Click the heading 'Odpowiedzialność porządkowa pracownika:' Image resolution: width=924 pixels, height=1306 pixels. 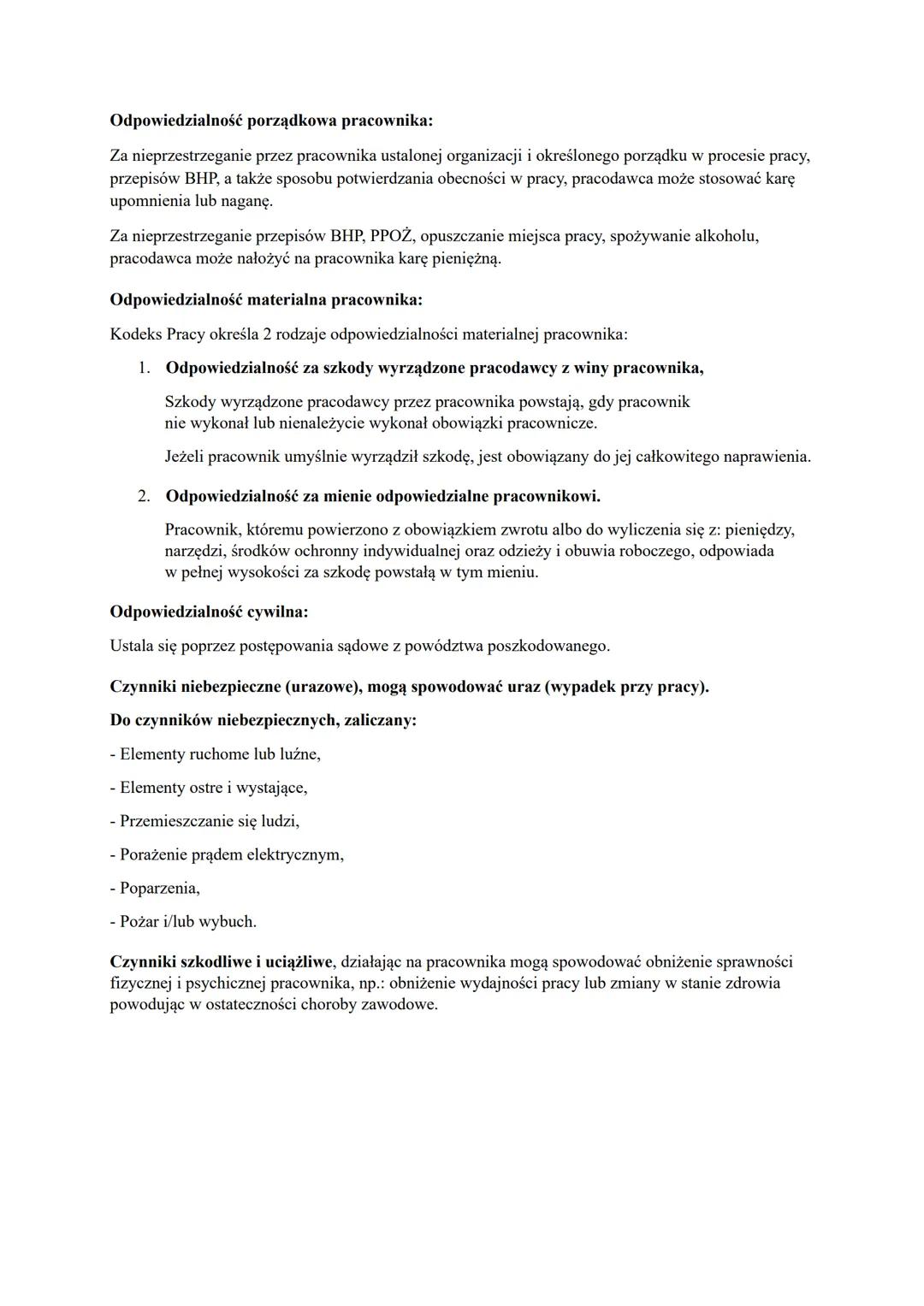(271, 121)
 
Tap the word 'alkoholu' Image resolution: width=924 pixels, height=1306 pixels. (726, 235)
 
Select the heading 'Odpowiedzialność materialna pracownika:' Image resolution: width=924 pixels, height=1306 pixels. (266, 299)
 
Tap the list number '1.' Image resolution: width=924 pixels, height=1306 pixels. (145, 368)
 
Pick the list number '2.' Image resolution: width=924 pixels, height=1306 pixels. (145, 496)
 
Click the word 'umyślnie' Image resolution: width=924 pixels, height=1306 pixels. (316, 457)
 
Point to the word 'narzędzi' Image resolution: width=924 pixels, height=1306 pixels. (196, 551)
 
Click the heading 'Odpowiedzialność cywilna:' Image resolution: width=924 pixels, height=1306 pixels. (209, 612)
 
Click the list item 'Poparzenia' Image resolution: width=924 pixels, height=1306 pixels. (158, 888)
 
